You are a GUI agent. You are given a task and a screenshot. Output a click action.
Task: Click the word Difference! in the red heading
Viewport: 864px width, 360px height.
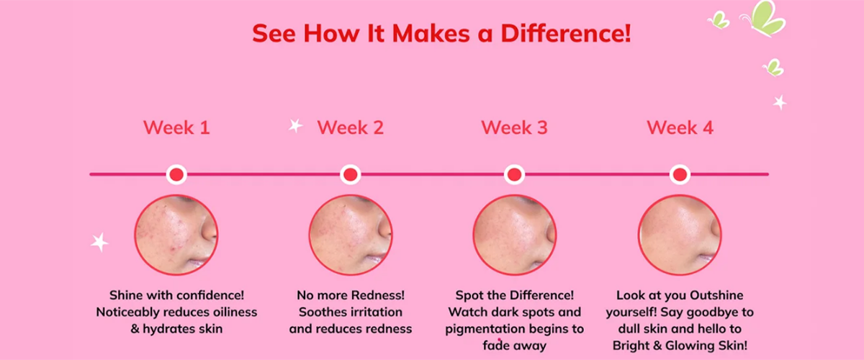click(566, 33)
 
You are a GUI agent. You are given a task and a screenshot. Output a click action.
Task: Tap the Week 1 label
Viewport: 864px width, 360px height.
click(176, 127)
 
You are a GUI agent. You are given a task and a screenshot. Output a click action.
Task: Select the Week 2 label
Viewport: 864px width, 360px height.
click(350, 127)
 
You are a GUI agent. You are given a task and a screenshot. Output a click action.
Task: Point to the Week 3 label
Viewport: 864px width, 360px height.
click(514, 127)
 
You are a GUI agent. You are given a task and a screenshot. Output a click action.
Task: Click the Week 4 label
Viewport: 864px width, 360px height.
click(680, 127)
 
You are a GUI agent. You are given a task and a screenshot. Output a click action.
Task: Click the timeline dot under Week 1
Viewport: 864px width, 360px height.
click(176, 174)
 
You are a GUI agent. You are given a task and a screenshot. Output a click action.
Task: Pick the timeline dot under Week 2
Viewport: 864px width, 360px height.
click(350, 174)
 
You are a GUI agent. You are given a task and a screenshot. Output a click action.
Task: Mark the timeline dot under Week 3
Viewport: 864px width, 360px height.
click(514, 174)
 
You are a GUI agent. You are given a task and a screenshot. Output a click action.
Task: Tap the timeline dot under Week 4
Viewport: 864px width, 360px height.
click(680, 174)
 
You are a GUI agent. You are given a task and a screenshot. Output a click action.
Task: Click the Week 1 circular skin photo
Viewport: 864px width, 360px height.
click(176, 235)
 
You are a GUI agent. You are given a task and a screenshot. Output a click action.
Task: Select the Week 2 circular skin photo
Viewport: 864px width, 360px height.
click(351, 235)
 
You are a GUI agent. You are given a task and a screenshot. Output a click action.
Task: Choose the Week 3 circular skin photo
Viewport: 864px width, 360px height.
click(515, 235)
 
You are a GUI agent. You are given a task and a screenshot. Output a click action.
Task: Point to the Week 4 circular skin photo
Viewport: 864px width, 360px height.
click(680, 235)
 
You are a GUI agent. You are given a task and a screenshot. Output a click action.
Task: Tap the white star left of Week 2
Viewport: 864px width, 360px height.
click(296, 125)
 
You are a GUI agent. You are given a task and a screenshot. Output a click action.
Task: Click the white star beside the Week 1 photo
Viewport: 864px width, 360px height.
click(99, 243)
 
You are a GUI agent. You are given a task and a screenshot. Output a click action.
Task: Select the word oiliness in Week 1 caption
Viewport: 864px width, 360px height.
click(235, 312)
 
